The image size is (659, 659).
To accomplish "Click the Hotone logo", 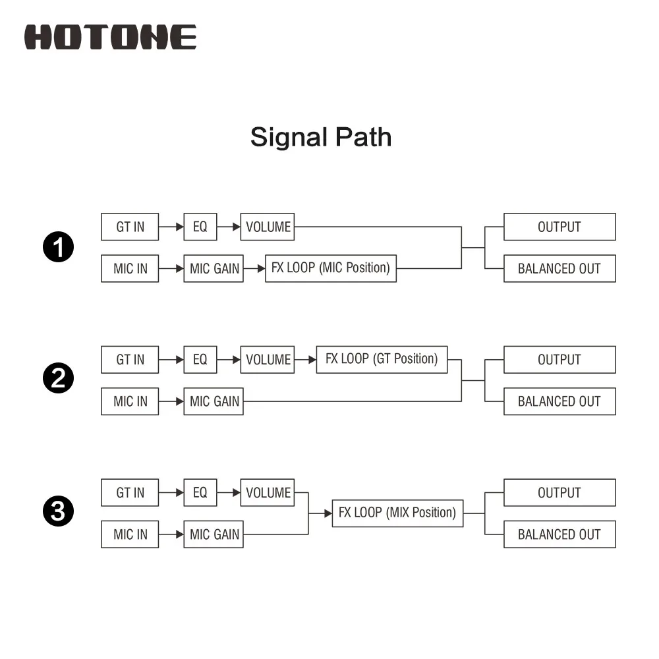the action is point(110,37).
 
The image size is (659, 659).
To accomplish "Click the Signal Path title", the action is point(321,138).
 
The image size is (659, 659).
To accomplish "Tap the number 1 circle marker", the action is point(59,246).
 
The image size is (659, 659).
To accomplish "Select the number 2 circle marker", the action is point(59,378).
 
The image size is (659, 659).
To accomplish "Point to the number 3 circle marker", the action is point(59,511).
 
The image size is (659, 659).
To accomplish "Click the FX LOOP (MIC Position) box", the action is point(331,268).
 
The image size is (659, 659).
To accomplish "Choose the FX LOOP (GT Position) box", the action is point(382,359).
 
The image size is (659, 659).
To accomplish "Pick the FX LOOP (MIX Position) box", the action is point(397,513).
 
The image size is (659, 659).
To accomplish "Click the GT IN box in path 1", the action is point(130,227).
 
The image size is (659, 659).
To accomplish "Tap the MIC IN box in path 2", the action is point(130,401).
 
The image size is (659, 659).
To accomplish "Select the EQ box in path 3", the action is point(200,492).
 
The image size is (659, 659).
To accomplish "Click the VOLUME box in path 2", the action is point(268,360).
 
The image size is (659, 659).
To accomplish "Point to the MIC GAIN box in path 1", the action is point(214,269).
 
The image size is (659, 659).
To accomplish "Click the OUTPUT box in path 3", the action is point(559,492).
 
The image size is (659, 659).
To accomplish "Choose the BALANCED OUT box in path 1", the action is point(559,269).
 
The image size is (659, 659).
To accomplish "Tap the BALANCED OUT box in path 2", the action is point(559,401).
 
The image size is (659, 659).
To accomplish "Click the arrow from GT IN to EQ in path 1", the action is point(171,227).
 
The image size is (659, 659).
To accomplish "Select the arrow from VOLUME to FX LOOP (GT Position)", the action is point(305,360).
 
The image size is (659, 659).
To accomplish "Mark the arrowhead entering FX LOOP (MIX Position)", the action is point(328,513).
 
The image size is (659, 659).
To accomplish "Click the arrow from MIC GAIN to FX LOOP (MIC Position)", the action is point(254,269).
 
